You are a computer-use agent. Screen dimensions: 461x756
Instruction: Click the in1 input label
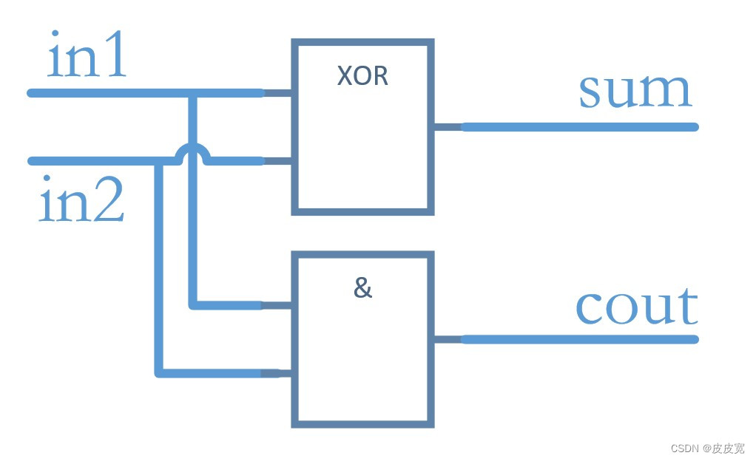[x=87, y=57]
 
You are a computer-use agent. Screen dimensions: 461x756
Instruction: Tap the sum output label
[x=635, y=92]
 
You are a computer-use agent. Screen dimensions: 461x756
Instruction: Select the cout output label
[x=636, y=306]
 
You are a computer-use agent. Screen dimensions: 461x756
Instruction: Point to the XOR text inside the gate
[x=362, y=76]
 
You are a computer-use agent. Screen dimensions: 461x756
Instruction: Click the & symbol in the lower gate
[x=362, y=288]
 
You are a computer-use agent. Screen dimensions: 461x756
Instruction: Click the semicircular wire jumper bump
[x=193, y=151]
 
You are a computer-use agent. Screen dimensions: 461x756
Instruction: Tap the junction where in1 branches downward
[x=193, y=93]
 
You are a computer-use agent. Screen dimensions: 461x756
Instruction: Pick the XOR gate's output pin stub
[x=446, y=127]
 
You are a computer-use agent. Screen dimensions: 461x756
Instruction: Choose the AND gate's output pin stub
[x=446, y=339]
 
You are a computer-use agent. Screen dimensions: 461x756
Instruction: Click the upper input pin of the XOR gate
[x=278, y=93]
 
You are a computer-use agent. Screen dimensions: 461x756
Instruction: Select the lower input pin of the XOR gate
[x=278, y=161]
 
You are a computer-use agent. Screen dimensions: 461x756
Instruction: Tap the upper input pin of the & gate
[x=278, y=305]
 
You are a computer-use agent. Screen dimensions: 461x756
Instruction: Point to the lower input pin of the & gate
[x=278, y=373]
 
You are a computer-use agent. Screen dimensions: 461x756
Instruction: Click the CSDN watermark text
[x=707, y=448]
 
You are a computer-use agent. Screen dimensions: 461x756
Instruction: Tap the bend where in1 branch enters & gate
[x=194, y=304]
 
